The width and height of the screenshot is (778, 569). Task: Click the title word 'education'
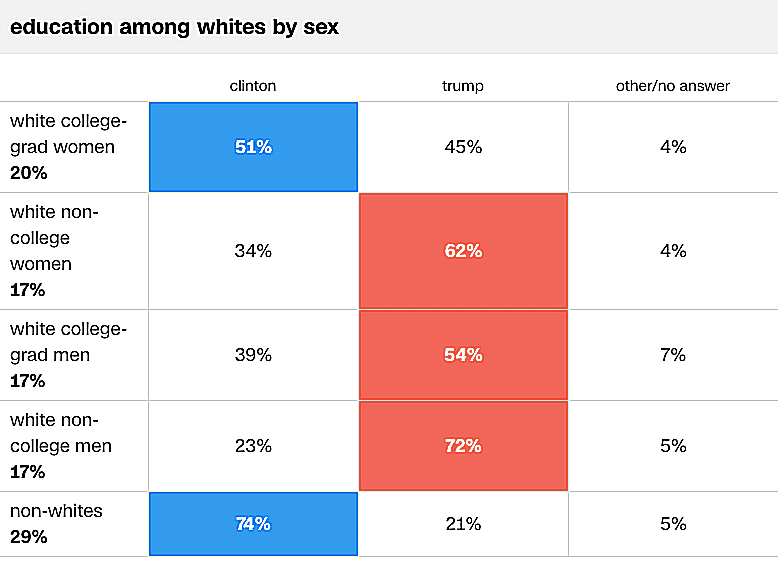click(x=62, y=27)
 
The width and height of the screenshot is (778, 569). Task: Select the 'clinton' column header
click(x=253, y=86)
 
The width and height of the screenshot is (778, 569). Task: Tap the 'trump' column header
click(x=463, y=86)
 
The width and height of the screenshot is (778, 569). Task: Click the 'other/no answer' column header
click(x=673, y=86)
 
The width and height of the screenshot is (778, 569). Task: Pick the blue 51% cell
click(x=253, y=147)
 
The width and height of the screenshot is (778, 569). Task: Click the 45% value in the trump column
click(x=463, y=147)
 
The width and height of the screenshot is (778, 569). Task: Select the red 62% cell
click(x=463, y=251)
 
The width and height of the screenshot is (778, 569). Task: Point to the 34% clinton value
click(x=253, y=251)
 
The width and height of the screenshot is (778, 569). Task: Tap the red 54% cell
click(x=463, y=355)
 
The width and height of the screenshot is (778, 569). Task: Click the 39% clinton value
click(x=253, y=355)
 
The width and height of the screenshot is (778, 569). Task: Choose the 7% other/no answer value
click(x=673, y=355)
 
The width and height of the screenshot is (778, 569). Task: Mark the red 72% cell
click(x=463, y=446)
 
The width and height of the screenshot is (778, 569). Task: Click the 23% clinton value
click(x=253, y=446)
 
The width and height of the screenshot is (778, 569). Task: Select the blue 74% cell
click(x=253, y=524)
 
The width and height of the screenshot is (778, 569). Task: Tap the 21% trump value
click(x=463, y=524)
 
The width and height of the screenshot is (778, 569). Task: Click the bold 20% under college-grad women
click(x=28, y=173)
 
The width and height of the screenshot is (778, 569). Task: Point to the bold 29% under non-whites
click(x=28, y=537)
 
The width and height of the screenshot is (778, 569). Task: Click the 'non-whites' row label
click(x=56, y=511)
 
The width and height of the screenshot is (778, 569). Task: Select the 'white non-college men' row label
click(x=61, y=433)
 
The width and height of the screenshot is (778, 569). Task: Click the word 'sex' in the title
click(x=321, y=27)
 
